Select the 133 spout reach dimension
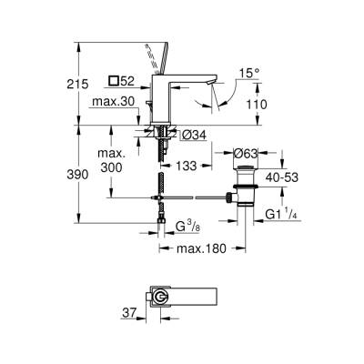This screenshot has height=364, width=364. [x=186, y=167]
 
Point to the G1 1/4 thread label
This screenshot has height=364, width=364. [x=285, y=216]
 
